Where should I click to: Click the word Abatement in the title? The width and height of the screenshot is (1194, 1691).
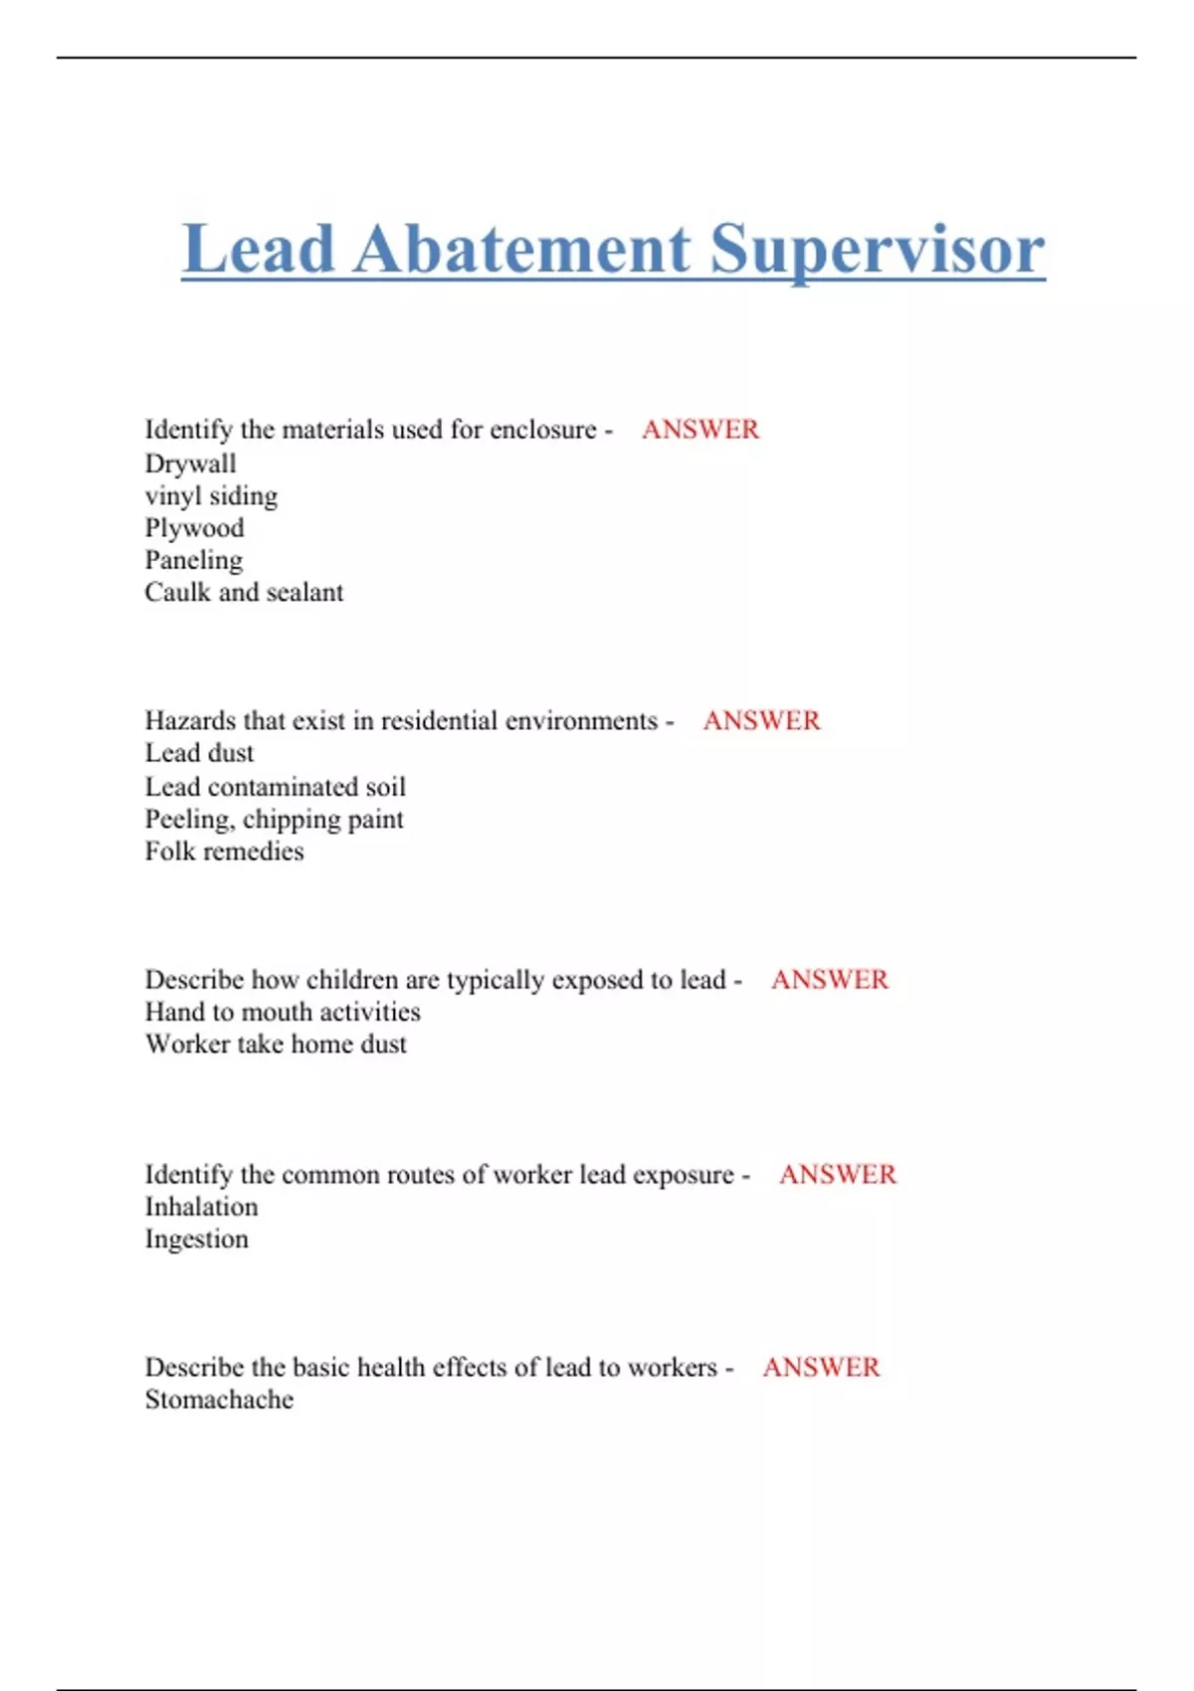pos(522,249)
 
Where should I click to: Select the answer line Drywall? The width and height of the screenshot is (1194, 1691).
pos(190,464)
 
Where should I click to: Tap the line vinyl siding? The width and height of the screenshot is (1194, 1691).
pos(211,495)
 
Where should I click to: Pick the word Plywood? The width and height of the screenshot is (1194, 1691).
pos(194,528)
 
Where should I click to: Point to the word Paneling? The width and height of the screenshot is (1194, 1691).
pos(193,560)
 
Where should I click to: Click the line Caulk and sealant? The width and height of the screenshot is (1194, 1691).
pos(244,592)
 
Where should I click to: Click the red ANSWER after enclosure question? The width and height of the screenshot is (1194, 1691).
pos(700,430)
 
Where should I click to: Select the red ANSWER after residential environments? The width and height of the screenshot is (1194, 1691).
pos(761,720)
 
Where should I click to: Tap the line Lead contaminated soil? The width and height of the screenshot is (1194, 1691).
pos(275,787)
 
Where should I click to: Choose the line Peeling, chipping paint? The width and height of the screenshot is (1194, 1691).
pos(274,820)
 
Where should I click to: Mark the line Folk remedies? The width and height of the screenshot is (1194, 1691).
pos(224,851)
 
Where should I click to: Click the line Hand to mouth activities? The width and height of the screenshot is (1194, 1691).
pos(283,1012)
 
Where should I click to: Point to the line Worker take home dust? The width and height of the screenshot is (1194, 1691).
pos(276,1043)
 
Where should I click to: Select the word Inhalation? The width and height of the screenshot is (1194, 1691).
pos(201,1207)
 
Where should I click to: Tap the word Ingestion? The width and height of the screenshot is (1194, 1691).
pos(196,1239)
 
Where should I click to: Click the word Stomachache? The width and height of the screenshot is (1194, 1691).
pos(219,1400)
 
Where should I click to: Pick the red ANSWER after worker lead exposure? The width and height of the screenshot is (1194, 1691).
pos(837,1175)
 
